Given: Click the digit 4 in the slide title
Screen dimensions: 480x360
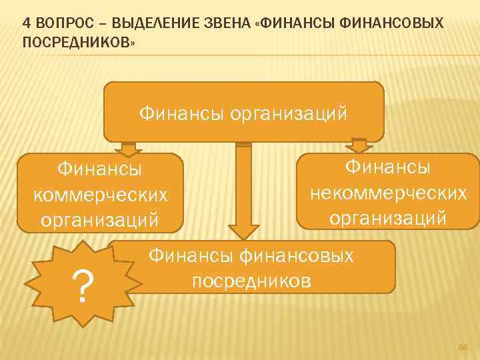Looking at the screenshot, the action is pos(26,23).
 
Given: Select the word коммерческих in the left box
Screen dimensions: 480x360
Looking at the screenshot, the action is pos(100,194).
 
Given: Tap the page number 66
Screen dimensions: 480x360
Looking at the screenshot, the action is pos(462,347).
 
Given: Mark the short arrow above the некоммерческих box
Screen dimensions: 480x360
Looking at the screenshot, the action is pos(359,145).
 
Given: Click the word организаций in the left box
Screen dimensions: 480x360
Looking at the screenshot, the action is pos(100,218).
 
